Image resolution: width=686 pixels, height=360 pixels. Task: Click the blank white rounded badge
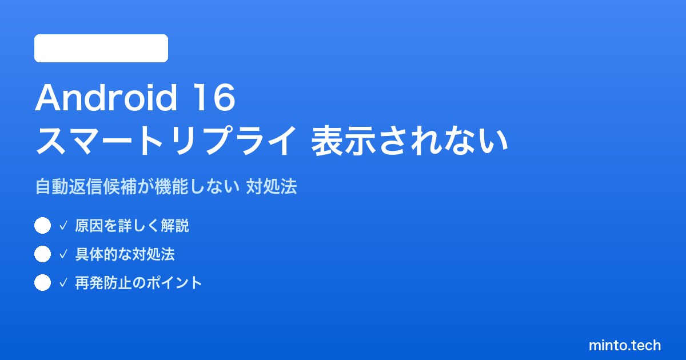click(x=101, y=49)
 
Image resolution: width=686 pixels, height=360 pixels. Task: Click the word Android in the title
click(x=106, y=98)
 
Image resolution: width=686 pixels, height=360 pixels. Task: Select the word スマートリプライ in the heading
click(x=166, y=141)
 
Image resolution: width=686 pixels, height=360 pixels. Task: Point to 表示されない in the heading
click(x=409, y=141)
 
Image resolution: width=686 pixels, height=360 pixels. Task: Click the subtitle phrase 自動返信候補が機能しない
click(x=137, y=186)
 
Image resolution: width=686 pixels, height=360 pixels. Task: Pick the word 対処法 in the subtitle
click(x=272, y=186)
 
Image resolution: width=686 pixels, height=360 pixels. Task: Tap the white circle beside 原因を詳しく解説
click(x=42, y=226)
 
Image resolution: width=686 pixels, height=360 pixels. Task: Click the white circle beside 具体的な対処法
click(x=42, y=254)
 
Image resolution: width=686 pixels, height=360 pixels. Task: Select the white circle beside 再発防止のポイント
click(x=42, y=282)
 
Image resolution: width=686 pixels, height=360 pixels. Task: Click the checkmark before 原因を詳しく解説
click(x=63, y=226)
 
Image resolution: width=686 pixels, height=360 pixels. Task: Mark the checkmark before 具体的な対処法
click(x=63, y=254)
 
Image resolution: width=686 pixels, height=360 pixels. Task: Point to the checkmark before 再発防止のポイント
click(x=63, y=282)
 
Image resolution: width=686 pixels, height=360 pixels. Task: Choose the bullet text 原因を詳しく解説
click(x=132, y=226)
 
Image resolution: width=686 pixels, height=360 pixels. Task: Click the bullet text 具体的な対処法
click(x=125, y=254)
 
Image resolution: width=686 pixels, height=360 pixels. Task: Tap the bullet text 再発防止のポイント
click(x=139, y=283)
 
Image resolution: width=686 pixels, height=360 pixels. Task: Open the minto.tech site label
click(x=625, y=345)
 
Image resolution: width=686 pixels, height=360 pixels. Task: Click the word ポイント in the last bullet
click(x=174, y=283)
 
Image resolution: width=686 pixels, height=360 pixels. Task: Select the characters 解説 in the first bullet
click(x=175, y=226)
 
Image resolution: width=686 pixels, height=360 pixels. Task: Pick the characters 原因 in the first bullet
click(x=89, y=226)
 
